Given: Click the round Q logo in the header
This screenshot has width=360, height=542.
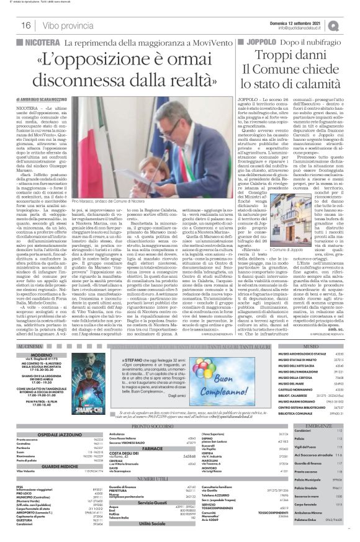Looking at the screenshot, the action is (x=351, y=24).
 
